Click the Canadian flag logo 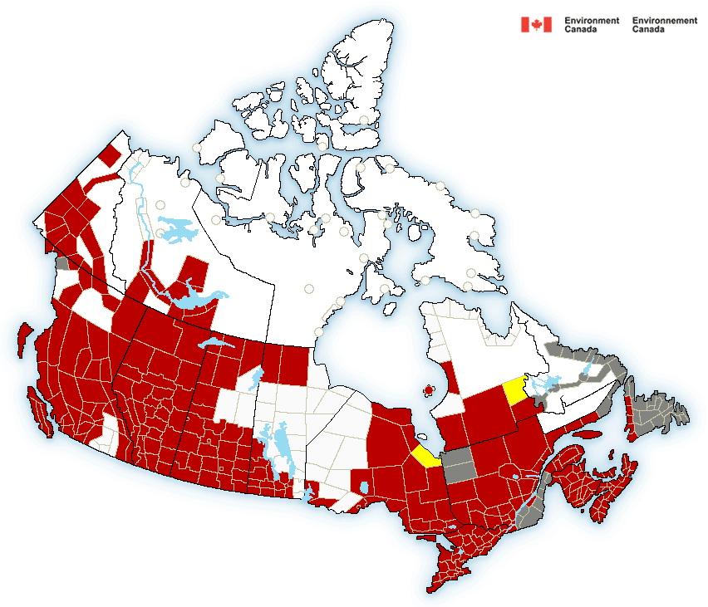coord(536,25)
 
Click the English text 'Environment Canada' coord(592,25)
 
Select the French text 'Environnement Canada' coord(664,25)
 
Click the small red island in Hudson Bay coord(429,389)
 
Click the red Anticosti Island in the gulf coord(586,433)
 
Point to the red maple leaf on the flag coord(536,25)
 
